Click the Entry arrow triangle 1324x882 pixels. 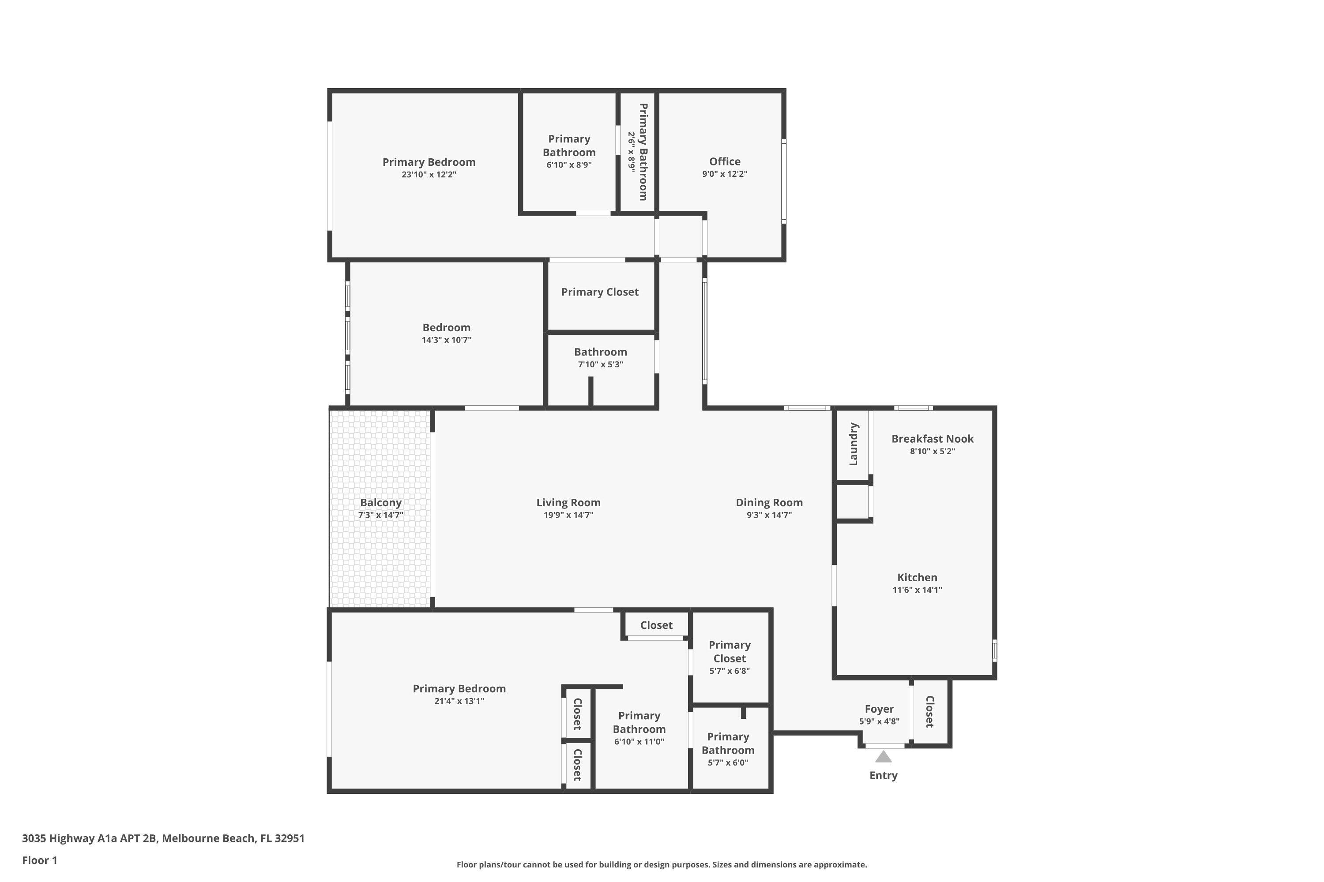click(883, 757)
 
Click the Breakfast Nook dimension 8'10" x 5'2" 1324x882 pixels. click(932, 451)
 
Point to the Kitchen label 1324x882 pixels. click(917, 577)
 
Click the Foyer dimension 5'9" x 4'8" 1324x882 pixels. click(879, 721)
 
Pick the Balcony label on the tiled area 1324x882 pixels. click(380, 502)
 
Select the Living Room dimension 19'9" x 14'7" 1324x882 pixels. click(568, 515)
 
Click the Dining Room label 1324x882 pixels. click(769, 502)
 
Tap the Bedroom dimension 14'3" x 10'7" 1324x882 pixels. click(446, 340)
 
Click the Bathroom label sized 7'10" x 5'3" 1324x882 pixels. click(600, 352)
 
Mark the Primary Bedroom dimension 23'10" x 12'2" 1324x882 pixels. click(429, 174)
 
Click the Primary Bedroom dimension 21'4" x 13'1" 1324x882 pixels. click(459, 701)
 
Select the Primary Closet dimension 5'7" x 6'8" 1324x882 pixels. click(729, 670)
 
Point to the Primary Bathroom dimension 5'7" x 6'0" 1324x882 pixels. click(727, 763)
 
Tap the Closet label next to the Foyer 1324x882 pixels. click(929, 712)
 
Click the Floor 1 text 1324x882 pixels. click(39, 860)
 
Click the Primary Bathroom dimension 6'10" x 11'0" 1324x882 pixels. click(639, 741)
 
